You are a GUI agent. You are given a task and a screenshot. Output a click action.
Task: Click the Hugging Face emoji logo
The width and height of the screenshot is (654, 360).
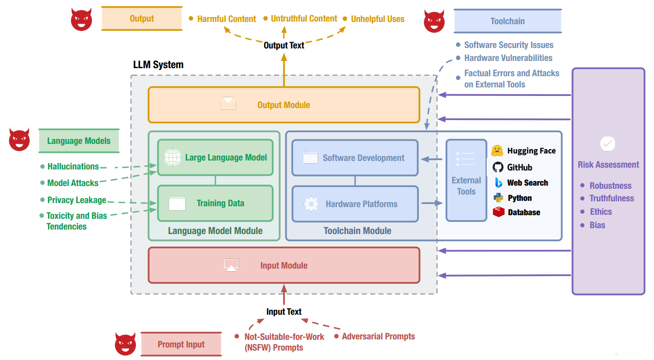coord(497,151)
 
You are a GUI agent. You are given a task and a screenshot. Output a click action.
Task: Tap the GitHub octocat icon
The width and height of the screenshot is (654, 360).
coord(498,167)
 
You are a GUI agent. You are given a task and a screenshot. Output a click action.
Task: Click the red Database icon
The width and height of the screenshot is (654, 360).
coord(499,212)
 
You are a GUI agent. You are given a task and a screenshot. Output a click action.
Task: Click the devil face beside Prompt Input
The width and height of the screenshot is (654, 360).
coord(125,344)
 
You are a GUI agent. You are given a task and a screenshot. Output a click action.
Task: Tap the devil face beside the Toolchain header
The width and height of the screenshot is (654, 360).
coord(434,21)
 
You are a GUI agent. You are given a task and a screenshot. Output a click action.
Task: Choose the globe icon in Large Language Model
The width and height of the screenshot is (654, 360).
coord(173,157)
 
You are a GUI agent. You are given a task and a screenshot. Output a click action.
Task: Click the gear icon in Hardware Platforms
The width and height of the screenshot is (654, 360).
coord(311,204)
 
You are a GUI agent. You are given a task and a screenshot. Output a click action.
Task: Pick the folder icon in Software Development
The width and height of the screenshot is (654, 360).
coord(310,157)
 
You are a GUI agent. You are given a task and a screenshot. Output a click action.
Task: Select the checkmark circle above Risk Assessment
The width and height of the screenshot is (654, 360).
coord(608,143)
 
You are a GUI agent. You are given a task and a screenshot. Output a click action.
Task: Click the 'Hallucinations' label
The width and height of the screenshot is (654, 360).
coord(73,166)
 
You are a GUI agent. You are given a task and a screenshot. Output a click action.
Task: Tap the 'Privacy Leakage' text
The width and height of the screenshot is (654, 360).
coord(77,200)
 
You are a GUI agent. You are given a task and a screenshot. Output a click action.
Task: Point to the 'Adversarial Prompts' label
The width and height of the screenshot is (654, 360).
coord(378,336)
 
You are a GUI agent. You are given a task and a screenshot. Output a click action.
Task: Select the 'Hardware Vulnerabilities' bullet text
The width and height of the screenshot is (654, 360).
coord(508,58)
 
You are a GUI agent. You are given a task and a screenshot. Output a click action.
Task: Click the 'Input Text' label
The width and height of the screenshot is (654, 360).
coord(284,312)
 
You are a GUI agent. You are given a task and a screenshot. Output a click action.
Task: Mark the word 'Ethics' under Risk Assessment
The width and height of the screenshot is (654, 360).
coord(601,212)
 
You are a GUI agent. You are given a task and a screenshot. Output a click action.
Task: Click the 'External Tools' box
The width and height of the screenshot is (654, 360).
coord(466,180)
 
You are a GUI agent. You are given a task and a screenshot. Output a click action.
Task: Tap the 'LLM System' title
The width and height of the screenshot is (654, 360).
coord(158,65)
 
